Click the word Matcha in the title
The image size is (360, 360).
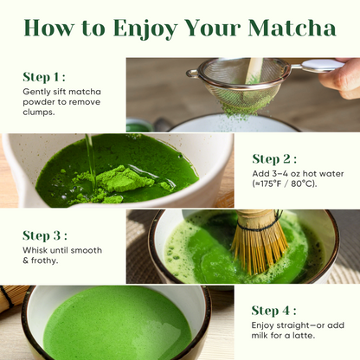292,28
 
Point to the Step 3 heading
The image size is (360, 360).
45,235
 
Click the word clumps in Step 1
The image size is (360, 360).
40,112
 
